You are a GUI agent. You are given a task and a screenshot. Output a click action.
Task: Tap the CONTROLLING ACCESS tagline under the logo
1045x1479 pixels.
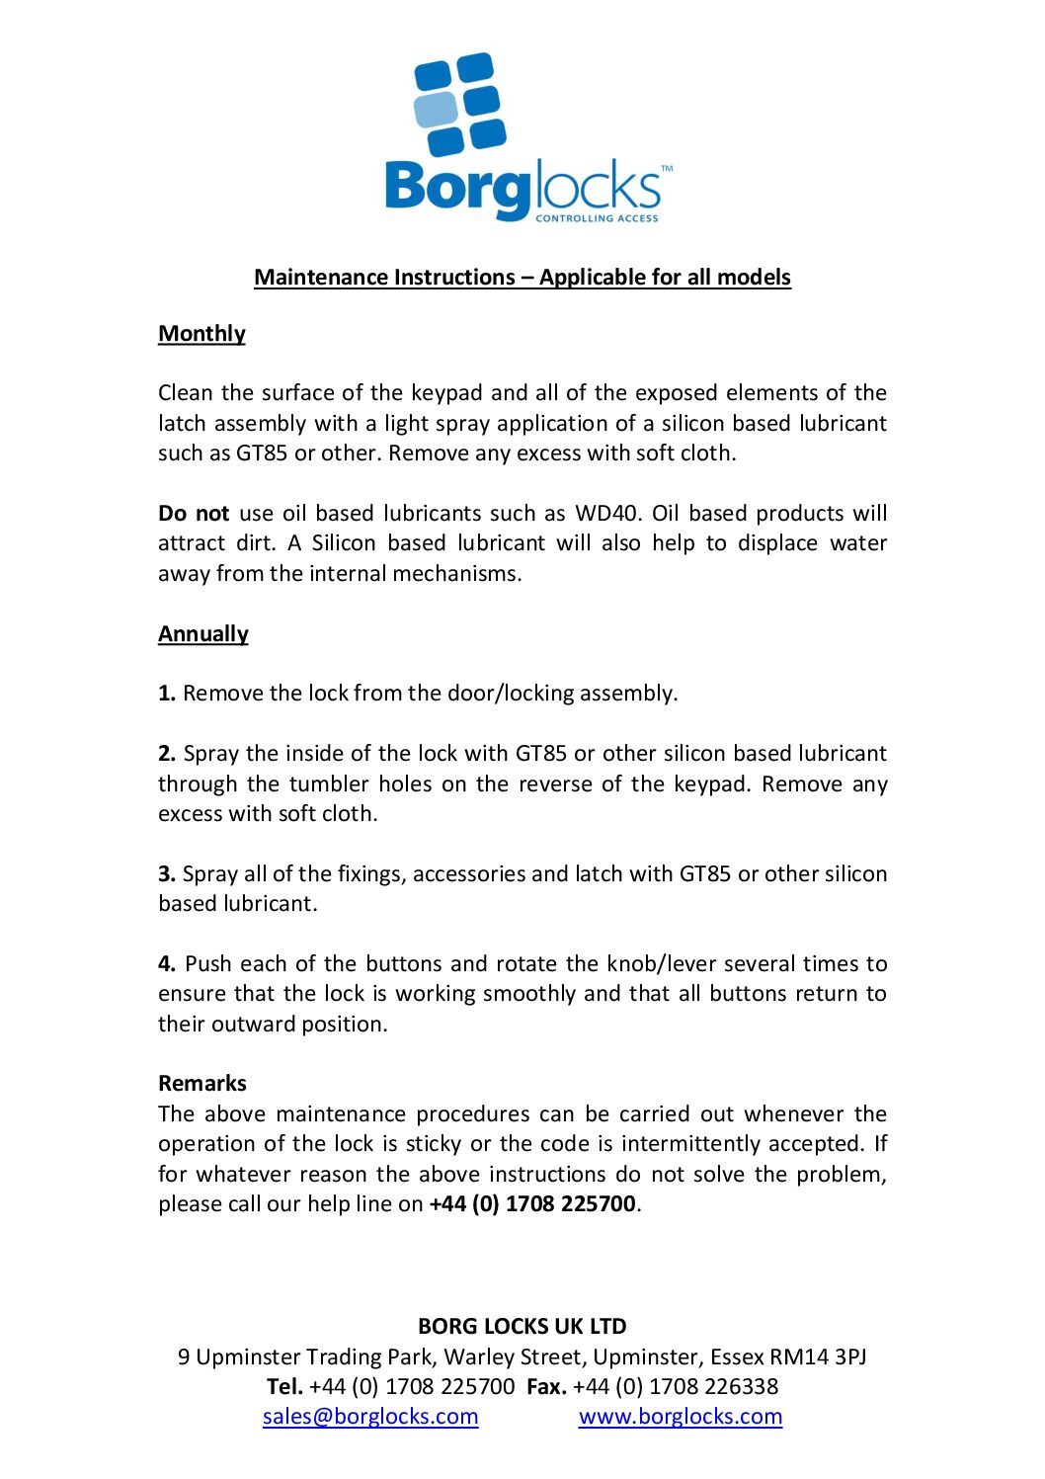597,218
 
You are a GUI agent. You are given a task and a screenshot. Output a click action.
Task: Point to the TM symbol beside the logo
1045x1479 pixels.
667,169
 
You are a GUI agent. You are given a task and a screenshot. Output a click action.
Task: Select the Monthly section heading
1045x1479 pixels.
201,334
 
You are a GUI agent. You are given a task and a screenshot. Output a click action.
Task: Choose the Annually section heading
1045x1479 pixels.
203,634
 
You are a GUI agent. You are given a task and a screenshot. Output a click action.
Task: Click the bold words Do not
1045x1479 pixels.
194,514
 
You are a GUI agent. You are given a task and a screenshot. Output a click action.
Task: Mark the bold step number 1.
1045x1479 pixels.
166,694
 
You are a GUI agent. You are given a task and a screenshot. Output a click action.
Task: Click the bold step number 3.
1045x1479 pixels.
166,874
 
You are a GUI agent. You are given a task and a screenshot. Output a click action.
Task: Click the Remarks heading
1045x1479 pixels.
202,1084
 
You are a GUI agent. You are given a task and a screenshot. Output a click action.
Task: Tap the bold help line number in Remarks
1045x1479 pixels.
532,1204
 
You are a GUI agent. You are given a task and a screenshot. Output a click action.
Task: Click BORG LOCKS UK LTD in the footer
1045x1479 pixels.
522,1327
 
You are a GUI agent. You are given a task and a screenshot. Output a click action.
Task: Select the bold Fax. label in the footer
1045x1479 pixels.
546,1387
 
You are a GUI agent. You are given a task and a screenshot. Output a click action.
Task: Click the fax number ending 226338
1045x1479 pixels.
676,1387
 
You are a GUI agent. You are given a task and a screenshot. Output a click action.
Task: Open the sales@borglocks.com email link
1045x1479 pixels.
370,1417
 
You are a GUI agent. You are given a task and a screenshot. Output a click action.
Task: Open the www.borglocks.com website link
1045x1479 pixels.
681,1417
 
